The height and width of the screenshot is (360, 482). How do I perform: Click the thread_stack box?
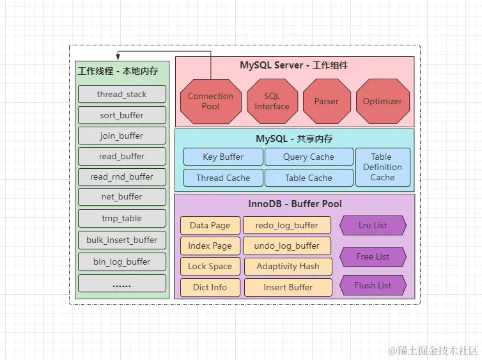[x=121, y=94]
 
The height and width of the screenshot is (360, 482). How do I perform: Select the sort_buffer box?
[x=121, y=115]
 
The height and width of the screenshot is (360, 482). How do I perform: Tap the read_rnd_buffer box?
[x=121, y=176]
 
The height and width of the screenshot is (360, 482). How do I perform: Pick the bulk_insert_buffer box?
[x=121, y=240]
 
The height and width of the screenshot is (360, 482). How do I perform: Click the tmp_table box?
[x=121, y=218]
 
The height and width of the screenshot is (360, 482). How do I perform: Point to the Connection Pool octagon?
[x=210, y=101]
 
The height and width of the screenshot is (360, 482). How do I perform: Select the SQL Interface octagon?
[x=272, y=101]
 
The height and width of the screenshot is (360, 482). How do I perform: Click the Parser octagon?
[x=327, y=101]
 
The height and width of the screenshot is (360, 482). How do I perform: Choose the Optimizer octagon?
[x=382, y=101]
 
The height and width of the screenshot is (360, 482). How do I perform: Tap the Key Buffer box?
[x=222, y=157]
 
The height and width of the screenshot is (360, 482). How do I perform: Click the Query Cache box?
[x=308, y=157]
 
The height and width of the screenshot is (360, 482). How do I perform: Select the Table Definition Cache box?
[x=382, y=167]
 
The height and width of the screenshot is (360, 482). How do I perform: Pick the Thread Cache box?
[x=222, y=178]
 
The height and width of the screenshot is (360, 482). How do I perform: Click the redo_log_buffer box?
[x=287, y=225]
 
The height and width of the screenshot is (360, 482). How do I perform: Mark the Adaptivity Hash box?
[x=287, y=266]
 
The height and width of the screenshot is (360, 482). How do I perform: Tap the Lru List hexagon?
[x=373, y=226]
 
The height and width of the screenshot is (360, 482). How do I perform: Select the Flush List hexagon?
[x=373, y=285]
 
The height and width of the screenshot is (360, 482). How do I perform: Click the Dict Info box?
[x=210, y=287]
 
